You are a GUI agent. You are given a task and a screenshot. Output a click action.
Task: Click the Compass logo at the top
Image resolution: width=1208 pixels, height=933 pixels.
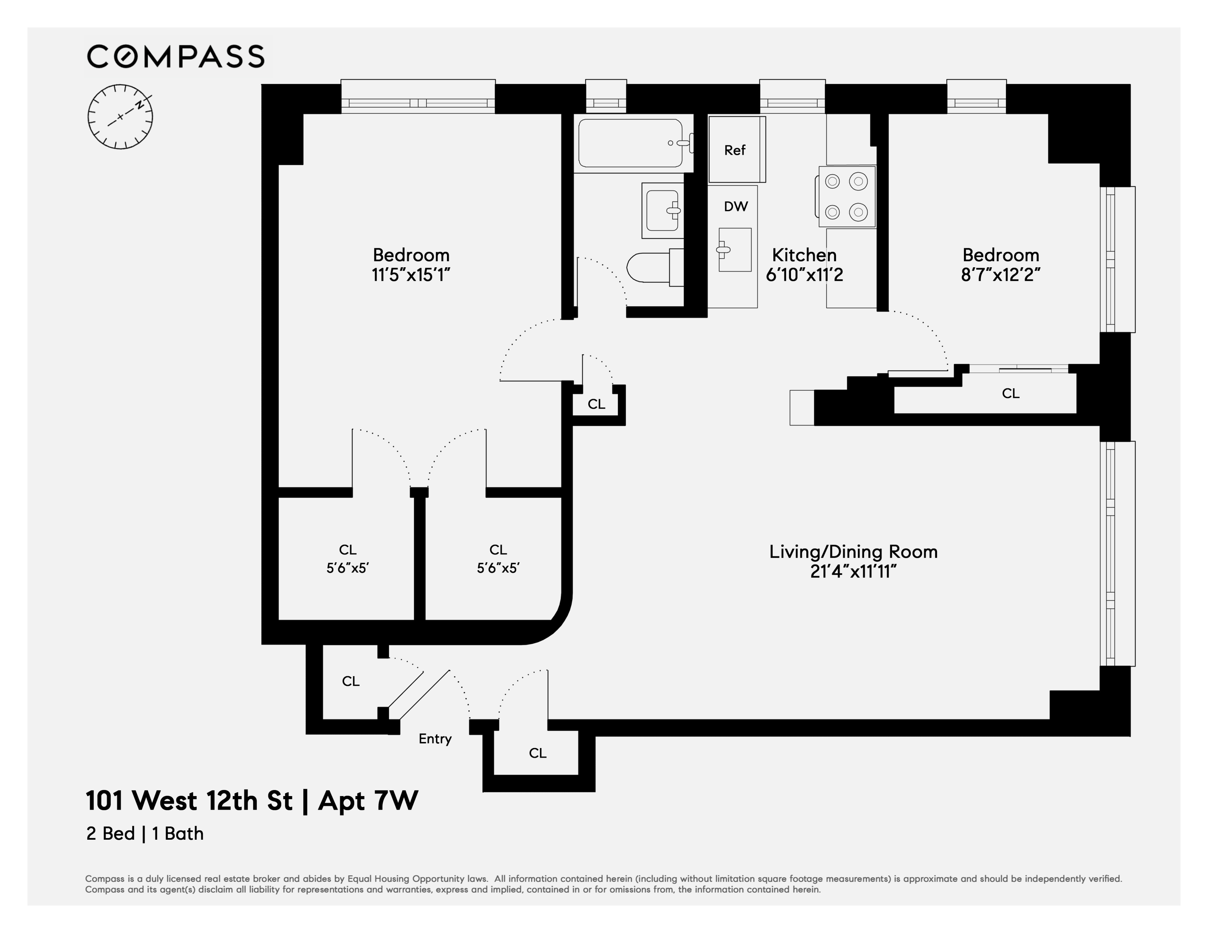pos(175,56)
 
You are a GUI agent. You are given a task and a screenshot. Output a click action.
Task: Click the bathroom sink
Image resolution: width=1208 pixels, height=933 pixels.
pos(662,210)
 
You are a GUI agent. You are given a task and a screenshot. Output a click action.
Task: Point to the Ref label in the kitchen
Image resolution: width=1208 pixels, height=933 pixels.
pos(735,150)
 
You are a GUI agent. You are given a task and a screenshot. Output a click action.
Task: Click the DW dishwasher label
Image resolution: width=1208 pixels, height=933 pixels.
pos(736,206)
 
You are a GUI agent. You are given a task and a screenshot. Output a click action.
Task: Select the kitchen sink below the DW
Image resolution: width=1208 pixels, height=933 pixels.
pos(735,250)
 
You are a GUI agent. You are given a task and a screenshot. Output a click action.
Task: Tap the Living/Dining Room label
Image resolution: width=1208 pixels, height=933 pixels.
pos(853,551)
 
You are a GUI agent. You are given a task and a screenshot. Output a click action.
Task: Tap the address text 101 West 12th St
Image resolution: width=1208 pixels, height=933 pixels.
pos(189,801)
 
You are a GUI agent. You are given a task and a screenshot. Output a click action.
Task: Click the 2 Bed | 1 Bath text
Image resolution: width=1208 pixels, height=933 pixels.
pos(145,833)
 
